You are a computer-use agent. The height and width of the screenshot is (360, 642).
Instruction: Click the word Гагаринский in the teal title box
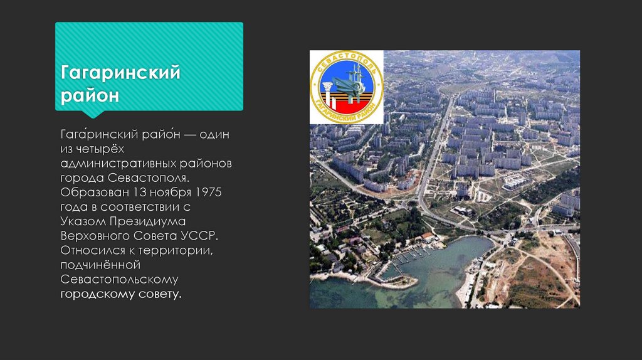[x=120, y=74]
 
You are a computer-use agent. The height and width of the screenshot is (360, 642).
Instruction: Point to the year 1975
[x=208, y=191]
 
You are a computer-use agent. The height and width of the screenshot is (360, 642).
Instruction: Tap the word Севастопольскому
[x=119, y=279]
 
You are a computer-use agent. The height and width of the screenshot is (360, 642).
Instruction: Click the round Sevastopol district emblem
[x=347, y=87]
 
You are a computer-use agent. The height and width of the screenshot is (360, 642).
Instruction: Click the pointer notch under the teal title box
[x=93, y=115]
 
